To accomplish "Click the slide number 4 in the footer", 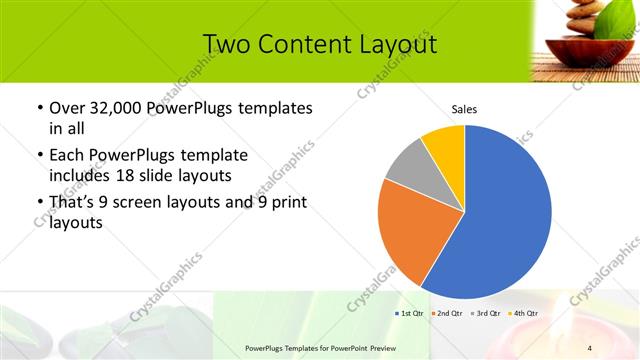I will [590, 347].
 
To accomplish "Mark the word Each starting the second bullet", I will [66, 155].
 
